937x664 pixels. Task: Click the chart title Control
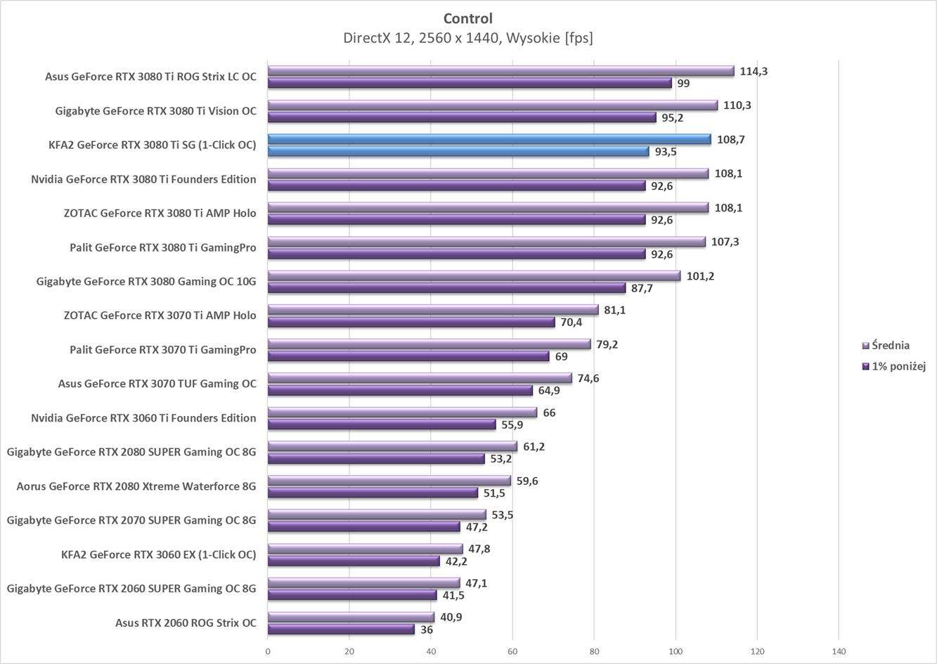467,18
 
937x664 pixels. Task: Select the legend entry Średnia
890,345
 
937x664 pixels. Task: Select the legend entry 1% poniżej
898,366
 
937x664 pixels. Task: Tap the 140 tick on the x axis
839,651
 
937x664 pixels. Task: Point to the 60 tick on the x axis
512,651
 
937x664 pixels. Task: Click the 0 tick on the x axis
268,651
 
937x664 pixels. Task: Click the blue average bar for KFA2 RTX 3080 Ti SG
489,139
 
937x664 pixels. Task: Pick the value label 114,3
754,71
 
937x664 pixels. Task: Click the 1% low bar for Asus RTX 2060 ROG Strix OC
341,630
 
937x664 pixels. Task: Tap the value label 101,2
700,276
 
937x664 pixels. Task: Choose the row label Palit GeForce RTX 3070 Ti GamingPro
162,350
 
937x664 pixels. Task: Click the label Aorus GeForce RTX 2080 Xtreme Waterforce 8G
136,486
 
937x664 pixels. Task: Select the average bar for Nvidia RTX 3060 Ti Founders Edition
402,412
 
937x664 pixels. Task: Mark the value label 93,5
666,152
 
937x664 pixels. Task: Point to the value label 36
427,630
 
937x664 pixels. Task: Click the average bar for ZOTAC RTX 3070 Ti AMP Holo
433,310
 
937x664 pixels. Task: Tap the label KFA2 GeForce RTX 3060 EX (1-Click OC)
158,554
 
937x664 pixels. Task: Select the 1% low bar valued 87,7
446,288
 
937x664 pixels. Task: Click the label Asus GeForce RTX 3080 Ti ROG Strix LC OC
150,77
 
